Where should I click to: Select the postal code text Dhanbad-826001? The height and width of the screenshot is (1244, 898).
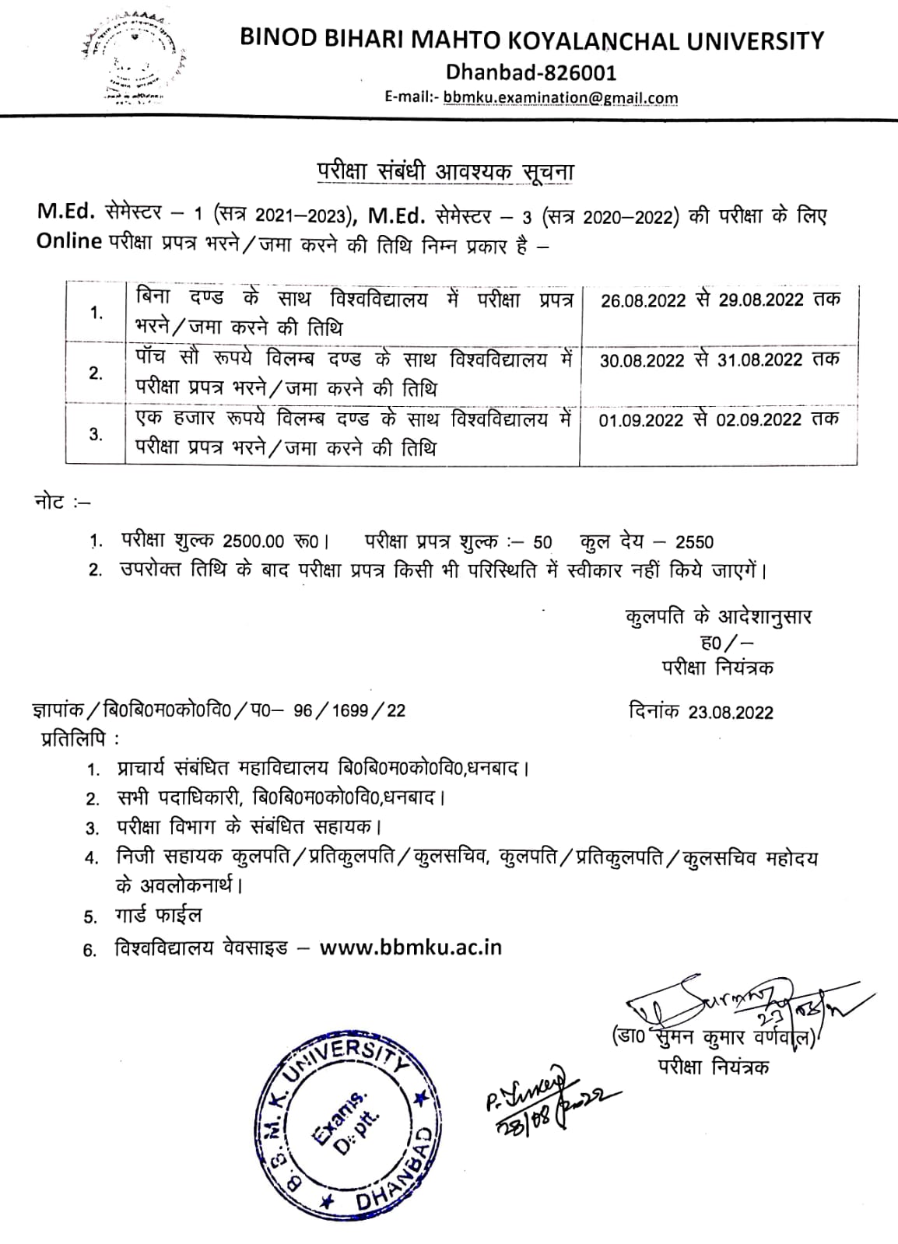(x=531, y=72)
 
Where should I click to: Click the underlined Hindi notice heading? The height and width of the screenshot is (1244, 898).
(x=444, y=172)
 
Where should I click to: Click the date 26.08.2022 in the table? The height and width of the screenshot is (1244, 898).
(x=644, y=300)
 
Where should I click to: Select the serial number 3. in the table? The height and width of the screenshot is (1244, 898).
(x=96, y=434)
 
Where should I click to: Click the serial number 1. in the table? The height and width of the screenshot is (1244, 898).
(x=96, y=313)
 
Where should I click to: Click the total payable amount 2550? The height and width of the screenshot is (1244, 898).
(x=694, y=542)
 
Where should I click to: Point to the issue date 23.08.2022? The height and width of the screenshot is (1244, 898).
(x=731, y=713)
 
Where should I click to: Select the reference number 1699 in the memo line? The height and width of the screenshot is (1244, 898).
(x=358, y=710)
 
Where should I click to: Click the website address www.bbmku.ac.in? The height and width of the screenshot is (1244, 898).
(x=411, y=948)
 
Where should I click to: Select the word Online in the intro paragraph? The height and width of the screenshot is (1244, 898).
(x=70, y=241)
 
